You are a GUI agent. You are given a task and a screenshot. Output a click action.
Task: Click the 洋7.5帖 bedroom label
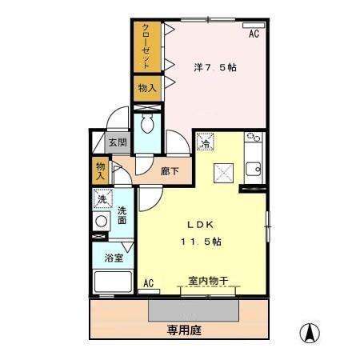point(214,68)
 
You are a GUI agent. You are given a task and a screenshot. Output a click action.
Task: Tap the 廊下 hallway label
point(169,170)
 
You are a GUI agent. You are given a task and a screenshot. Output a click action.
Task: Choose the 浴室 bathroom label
point(113,258)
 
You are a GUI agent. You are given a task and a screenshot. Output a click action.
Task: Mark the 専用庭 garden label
point(183,329)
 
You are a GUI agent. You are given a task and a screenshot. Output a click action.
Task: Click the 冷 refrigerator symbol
point(206,144)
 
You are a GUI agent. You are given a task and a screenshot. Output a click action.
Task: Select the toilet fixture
point(148,125)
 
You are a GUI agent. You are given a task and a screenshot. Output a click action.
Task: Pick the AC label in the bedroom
point(253,34)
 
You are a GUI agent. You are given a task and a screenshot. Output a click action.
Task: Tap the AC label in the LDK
point(148,282)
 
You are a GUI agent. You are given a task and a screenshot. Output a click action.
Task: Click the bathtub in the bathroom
point(113,282)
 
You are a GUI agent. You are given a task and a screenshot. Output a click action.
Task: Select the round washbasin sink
point(102,221)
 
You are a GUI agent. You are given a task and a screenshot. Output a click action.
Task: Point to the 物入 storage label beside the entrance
point(101,170)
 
